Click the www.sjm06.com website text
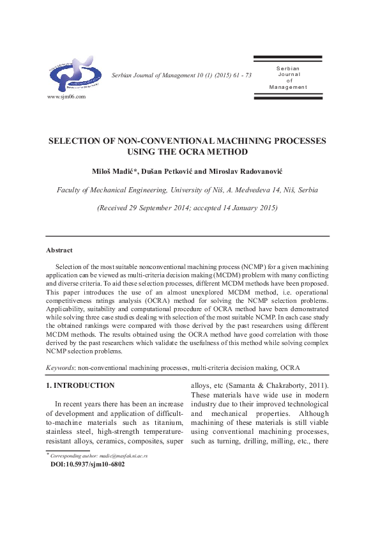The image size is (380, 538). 66,96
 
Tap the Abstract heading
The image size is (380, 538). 59,250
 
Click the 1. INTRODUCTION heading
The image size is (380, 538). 80,385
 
